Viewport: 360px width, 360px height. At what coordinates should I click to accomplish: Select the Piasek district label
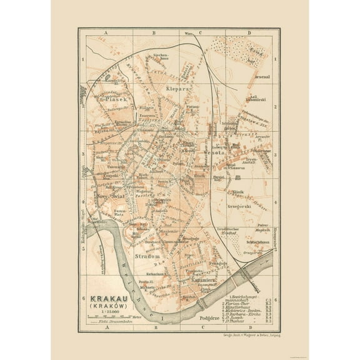pos(116,99)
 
